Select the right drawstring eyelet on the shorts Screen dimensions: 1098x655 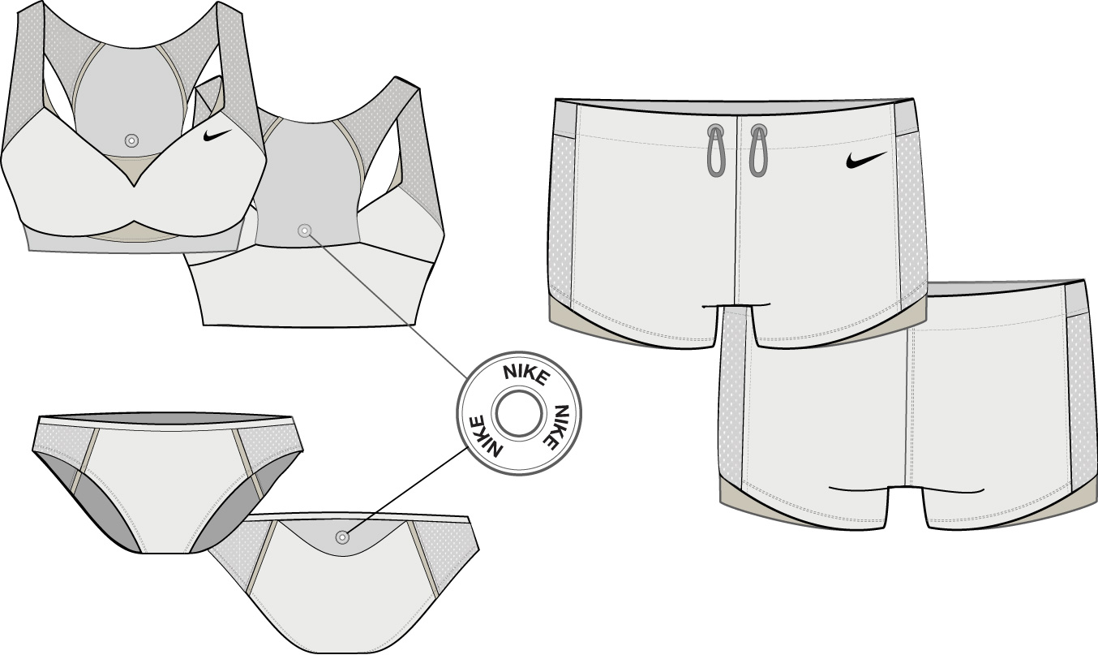coord(758,130)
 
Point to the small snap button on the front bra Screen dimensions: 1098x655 coord(131,141)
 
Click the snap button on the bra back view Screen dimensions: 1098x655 coord(305,231)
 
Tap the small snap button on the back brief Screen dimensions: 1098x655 coord(342,537)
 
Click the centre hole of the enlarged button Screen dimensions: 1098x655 coord(519,413)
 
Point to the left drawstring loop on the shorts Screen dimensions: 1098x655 coord(714,152)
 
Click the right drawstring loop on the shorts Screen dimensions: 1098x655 coord(757,152)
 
